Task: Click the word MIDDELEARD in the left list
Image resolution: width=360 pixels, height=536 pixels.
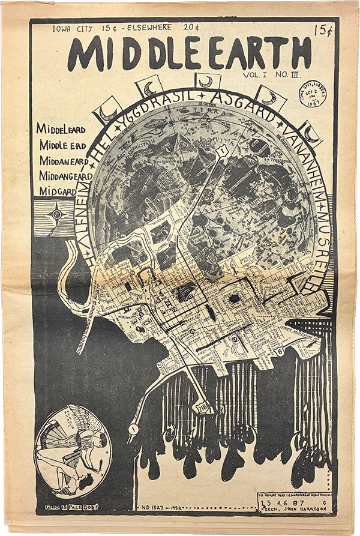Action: pos(61,129)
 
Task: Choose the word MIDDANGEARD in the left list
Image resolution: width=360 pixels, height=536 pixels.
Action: pos(65,176)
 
